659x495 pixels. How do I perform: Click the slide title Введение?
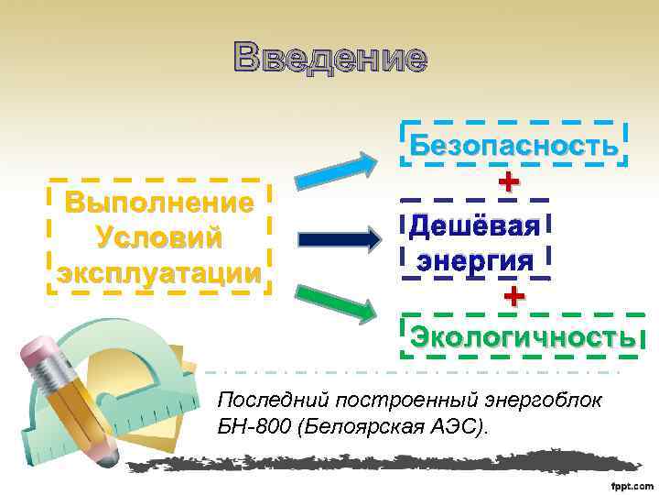tap(329, 58)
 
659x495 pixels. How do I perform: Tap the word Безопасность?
tap(513, 146)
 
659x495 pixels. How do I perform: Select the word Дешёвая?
tap(475, 225)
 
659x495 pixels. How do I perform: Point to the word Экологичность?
tap(523, 336)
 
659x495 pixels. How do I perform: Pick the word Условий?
tap(158, 236)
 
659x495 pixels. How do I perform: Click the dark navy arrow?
tap(340, 239)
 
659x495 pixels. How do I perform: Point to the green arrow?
tap(336, 303)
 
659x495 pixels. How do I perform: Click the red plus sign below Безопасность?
tap(508, 182)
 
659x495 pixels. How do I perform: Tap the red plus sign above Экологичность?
tap(514, 296)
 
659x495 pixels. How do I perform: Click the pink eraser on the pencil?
tap(39, 352)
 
